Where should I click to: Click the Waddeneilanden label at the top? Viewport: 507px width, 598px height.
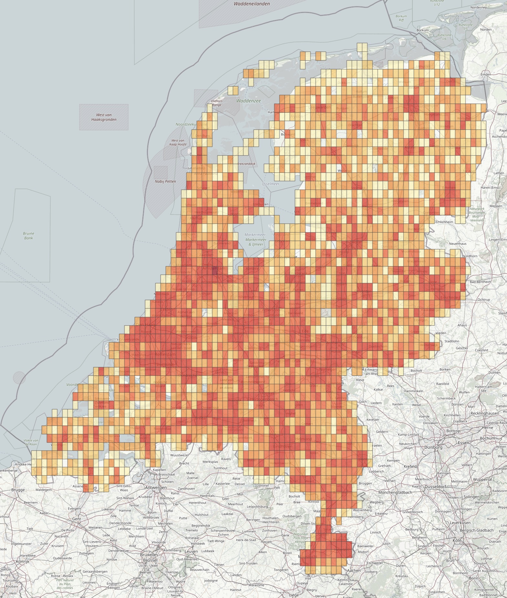coord(252,4)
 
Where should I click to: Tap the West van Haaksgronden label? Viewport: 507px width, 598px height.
coord(104,117)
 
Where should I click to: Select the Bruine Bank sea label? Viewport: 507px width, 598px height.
coord(29,236)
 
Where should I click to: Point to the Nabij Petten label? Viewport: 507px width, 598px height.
coord(165,181)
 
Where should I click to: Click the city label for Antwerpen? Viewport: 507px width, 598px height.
coord(156,487)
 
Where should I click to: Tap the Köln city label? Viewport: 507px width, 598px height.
coord(457,540)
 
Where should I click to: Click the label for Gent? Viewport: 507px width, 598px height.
coord(77,519)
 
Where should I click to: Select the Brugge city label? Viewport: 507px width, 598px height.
coord(18,490)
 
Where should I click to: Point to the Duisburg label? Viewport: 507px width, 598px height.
coord(433,447)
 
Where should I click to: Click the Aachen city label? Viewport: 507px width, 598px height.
coord(354,571)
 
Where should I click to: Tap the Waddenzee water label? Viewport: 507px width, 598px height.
coord(248,101)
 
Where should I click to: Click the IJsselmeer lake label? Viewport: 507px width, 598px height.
coord(270,184)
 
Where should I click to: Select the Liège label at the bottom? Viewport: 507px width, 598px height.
coord(294,595)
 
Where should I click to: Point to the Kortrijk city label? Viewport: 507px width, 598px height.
coord(23,561)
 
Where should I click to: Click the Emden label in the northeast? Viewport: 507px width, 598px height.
coord(486,74)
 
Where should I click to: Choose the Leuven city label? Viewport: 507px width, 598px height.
coord(191,551)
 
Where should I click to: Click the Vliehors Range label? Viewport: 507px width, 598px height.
coord(217,103)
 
